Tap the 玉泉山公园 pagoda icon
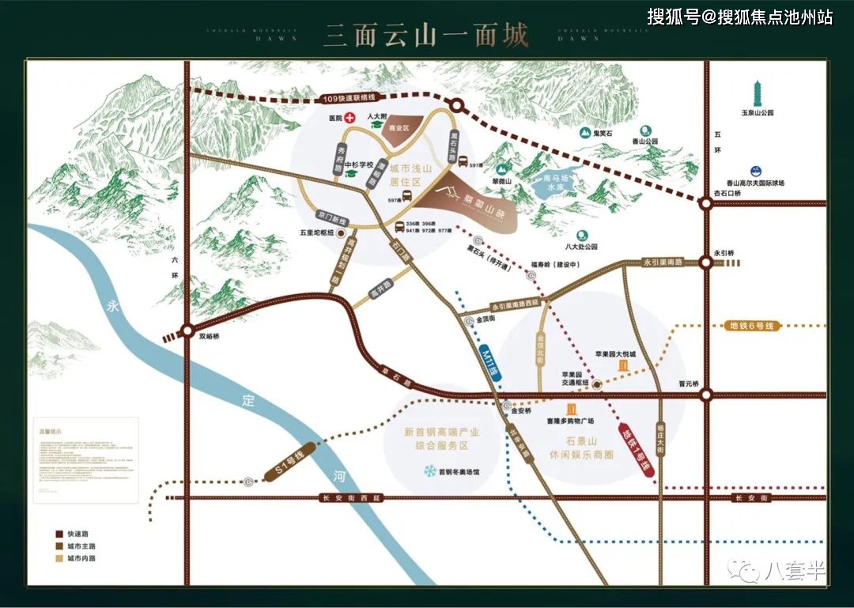tap(757, 92)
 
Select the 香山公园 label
tap(645, 141)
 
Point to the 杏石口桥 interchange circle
tap(705, 203)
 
